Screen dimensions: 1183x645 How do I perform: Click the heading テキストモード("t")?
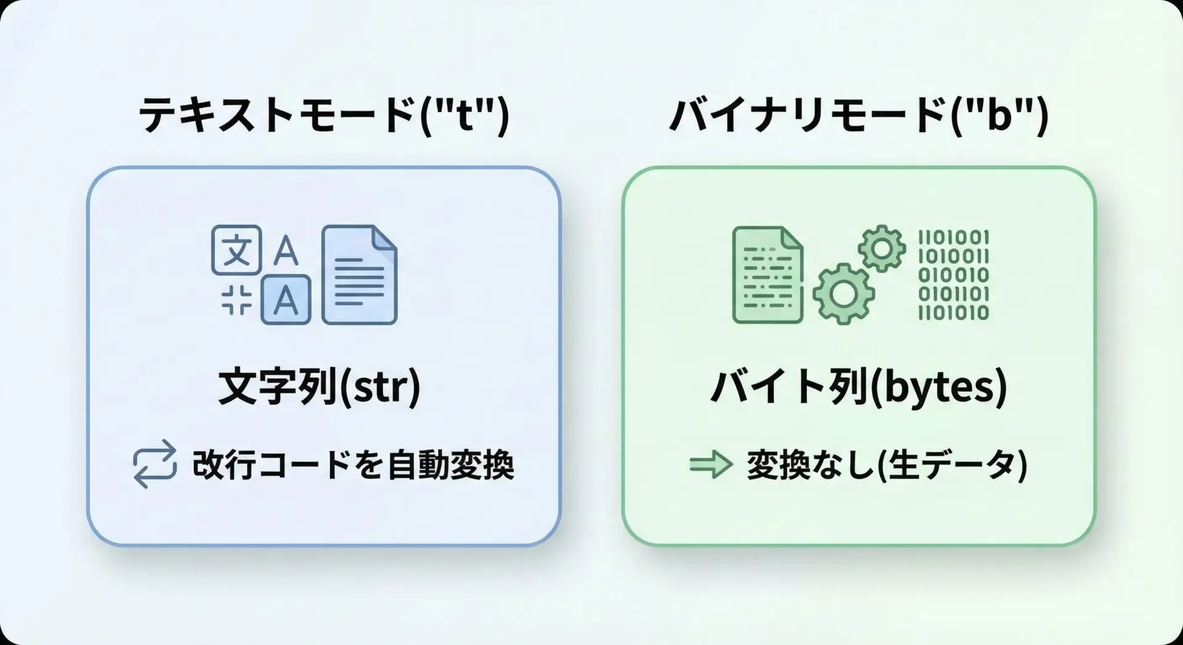tap(324, 115)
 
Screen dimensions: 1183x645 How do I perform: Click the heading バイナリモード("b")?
tap(859, 115)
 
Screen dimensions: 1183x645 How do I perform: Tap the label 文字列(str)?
tap(320, 387)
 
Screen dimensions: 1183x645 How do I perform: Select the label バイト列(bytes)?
tap(859, 387)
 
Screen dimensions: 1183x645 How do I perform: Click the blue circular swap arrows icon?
tap(155, 464)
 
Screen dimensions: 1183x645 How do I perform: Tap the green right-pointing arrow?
tap(711, 464)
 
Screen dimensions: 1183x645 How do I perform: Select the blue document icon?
tap(360, 275)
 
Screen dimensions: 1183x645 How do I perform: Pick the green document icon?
tap(768, 275)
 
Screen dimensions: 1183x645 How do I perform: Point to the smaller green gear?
tap(882, 248)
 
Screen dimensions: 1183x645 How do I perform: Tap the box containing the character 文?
tap(237, 249)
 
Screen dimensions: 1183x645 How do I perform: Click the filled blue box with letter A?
tap(286, 299)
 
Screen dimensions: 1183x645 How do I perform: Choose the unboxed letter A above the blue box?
tap(285, 251)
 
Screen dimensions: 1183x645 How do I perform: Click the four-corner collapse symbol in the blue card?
tap(237, 300)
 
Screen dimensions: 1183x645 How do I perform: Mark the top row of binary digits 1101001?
tap(953, 238)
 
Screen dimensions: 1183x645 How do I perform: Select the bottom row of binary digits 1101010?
tap(953, 313)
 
